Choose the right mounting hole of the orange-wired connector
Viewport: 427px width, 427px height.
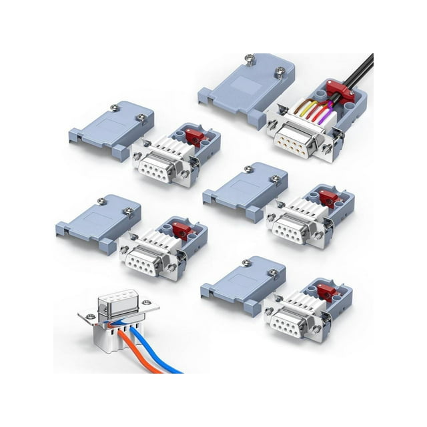point(151,308)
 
